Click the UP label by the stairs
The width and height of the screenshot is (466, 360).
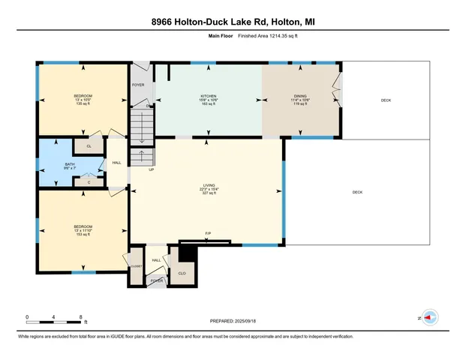click(151, 169)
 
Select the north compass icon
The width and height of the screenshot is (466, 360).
click(429, 317)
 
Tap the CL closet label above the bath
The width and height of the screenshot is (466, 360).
click(89, 146)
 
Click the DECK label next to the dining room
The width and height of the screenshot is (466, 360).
click(386, 100)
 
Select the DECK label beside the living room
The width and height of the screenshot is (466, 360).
click(357, 193)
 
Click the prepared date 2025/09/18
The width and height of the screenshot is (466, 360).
click(233, 321)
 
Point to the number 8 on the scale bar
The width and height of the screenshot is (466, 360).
click(80, 317)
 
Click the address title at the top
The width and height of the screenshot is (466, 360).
click(233, 22)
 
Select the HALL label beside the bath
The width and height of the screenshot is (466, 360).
click(116, 162)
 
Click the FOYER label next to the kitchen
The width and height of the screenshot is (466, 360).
click(138, 85)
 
